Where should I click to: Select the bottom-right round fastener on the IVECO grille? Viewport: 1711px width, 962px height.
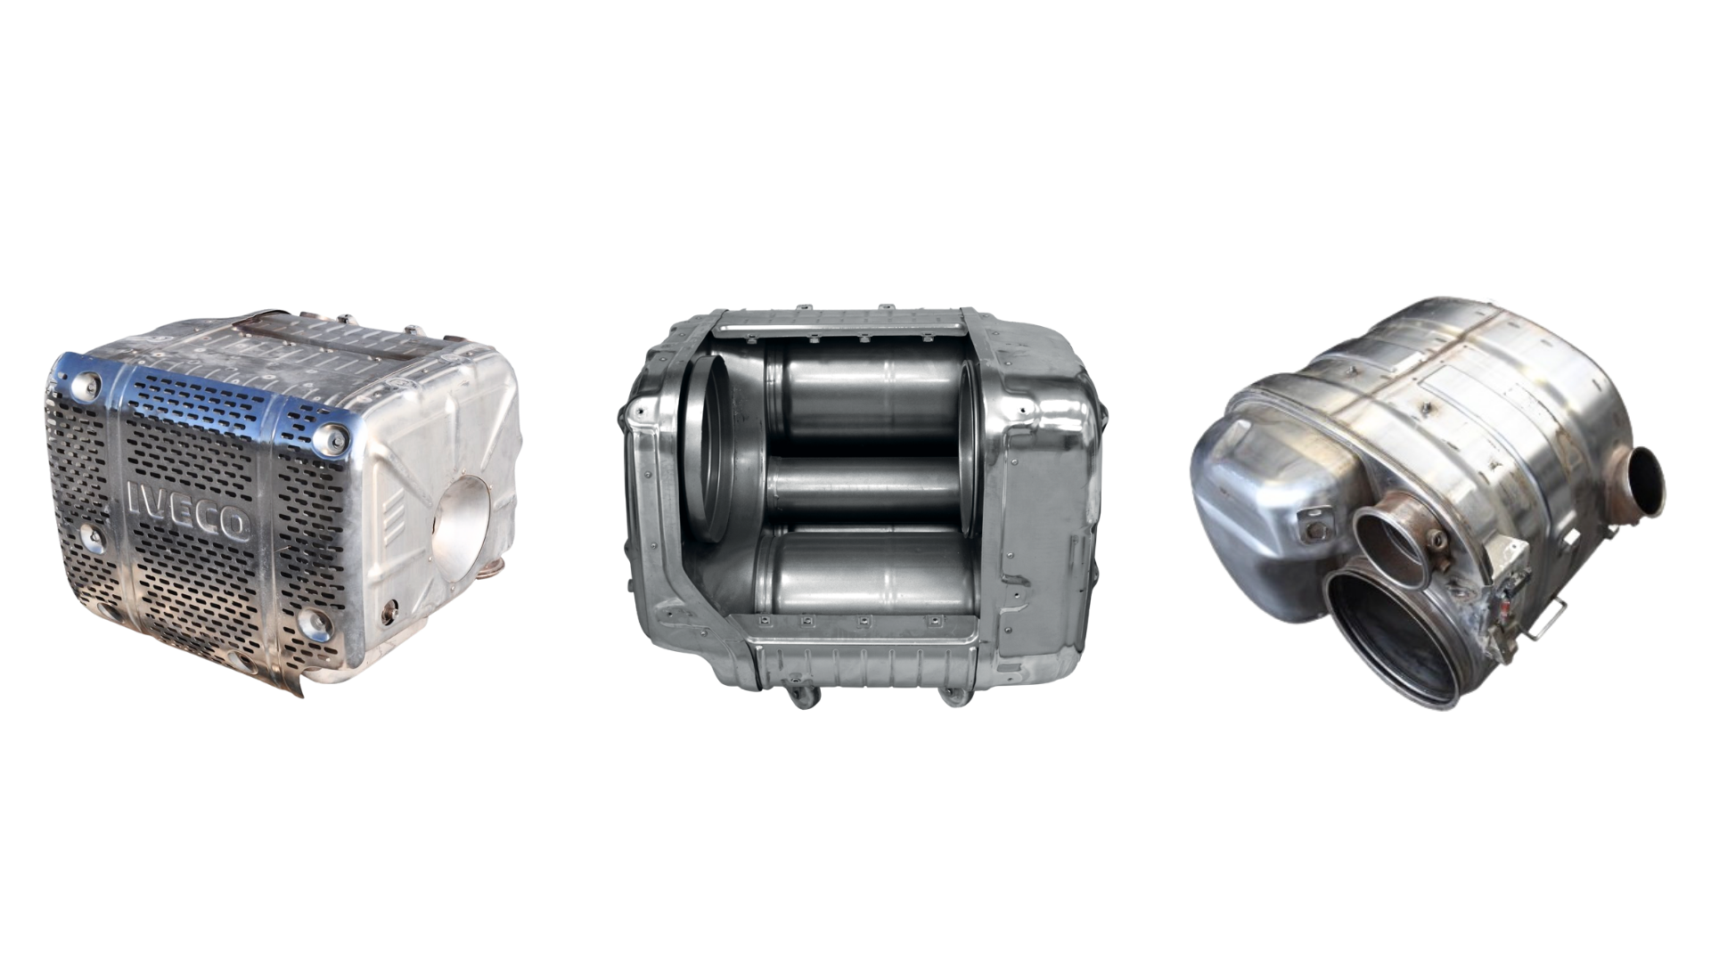point(314,623)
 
